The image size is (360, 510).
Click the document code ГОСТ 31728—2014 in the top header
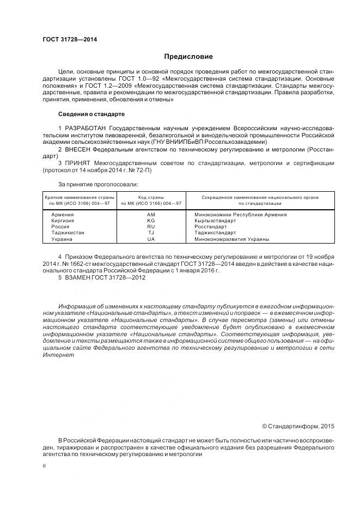click(x=66, y=40)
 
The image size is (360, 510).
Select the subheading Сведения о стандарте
click(x=91, y=114)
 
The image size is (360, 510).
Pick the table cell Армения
click(x=62, y=215)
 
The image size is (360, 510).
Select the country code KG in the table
click(x=151, y=221)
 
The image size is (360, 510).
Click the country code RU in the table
click(x=151, y=227)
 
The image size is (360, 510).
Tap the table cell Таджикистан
click(x=68, y=233)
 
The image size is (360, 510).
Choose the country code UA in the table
click(x=151, y=239)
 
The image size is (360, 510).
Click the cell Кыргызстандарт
click(x=215, y=221)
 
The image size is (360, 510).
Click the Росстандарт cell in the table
click(x=211, y=227)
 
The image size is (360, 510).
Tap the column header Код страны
click(x=151, y=197)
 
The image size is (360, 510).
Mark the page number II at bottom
click(x=44, y=465)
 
